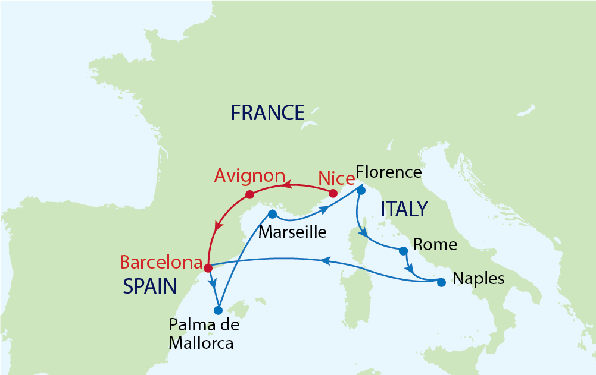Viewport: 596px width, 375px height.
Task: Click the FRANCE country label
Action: (267, 112)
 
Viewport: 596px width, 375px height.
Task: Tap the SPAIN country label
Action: (149, 287)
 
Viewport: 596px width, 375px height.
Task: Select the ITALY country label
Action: (404, 209)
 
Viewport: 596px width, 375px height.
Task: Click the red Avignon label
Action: (250, 177)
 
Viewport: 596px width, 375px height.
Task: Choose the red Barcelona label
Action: (161, 262)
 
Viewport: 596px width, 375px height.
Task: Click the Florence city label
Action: (388, 172)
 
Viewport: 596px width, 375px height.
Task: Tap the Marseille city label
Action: (292, 231)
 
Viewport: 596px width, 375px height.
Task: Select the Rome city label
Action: (435, 244)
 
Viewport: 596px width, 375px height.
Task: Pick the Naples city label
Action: (479, 278)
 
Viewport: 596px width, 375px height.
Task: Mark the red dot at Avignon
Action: (250, 194)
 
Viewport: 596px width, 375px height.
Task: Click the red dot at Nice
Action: (333, 194)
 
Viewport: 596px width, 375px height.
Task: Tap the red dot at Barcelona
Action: (207, 267)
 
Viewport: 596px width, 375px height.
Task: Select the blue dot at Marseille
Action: (272, 214)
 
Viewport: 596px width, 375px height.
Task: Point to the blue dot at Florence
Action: (361, 191)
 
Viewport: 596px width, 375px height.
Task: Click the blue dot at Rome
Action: (403, 250)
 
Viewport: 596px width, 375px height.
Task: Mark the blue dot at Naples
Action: (441, 282)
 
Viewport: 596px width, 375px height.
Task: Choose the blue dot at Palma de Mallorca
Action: (218, 310)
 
